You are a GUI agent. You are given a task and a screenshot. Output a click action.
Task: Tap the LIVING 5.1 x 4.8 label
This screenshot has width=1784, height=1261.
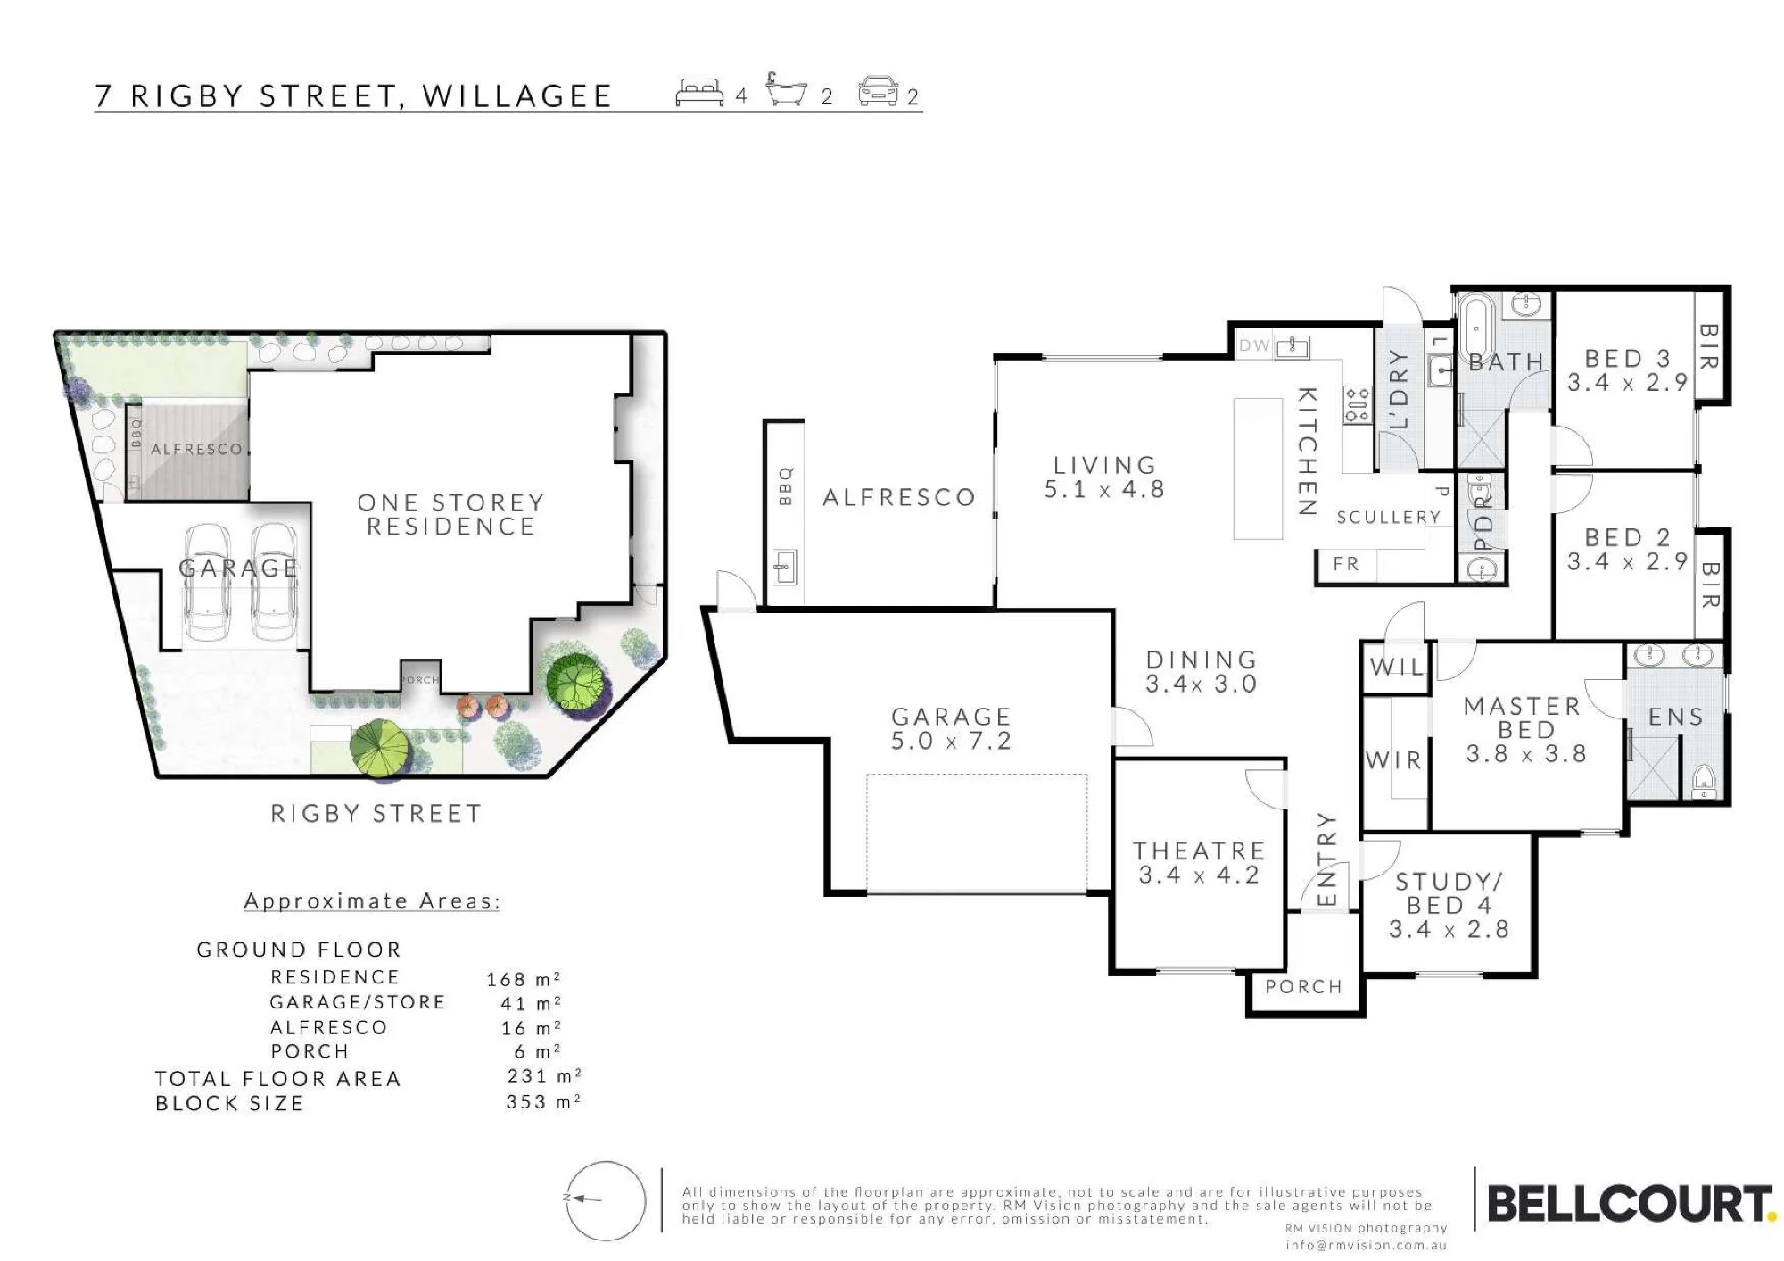point(1104,477)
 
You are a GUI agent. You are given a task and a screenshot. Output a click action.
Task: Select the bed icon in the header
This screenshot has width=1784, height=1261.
point(699,93)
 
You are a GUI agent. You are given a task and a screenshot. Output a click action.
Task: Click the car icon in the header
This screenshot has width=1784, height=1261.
point(879,91)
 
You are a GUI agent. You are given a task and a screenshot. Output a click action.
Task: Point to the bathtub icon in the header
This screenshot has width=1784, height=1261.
point(786,90)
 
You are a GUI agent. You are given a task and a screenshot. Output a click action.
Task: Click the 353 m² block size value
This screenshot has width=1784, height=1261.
point(543,1102)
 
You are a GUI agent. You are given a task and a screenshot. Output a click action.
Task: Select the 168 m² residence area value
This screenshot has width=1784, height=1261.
point(524,979)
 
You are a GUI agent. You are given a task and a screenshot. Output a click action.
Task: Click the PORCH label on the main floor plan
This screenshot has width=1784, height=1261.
point(1303,987)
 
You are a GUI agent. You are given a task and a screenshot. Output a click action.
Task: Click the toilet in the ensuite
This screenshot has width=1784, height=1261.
point(1704,782)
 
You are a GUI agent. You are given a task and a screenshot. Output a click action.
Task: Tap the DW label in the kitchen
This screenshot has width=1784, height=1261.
point(1254,345)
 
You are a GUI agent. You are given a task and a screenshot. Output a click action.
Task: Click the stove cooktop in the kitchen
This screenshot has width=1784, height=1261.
point(1357,405)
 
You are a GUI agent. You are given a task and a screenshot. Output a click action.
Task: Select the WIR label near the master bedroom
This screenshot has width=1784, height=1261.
point(1393,760)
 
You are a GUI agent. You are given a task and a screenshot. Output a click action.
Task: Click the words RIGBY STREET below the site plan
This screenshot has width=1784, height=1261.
point(376,814)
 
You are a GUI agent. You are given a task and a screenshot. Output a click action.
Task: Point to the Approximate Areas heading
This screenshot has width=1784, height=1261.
point(372,901)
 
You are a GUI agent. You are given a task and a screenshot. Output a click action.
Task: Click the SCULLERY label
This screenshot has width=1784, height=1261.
point(1388,518)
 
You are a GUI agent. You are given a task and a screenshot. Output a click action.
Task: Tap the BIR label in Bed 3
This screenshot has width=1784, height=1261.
point(1709,346)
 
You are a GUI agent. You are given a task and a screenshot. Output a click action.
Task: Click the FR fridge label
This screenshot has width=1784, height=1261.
point(1346,564)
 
